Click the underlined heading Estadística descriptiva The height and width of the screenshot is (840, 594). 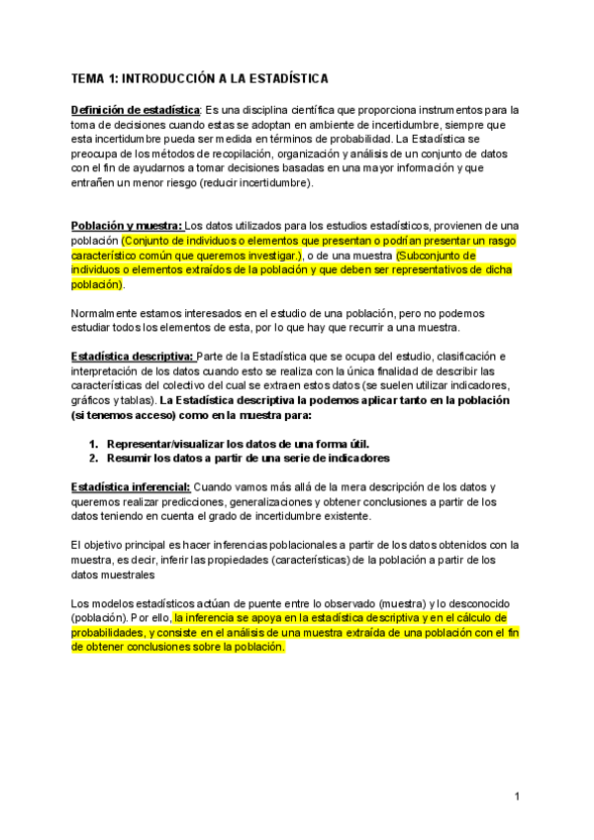point(133,356)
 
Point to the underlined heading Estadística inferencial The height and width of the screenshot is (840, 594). point(131,486)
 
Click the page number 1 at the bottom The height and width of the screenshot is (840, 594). point(518,795)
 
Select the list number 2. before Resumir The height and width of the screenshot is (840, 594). point(94,458)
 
